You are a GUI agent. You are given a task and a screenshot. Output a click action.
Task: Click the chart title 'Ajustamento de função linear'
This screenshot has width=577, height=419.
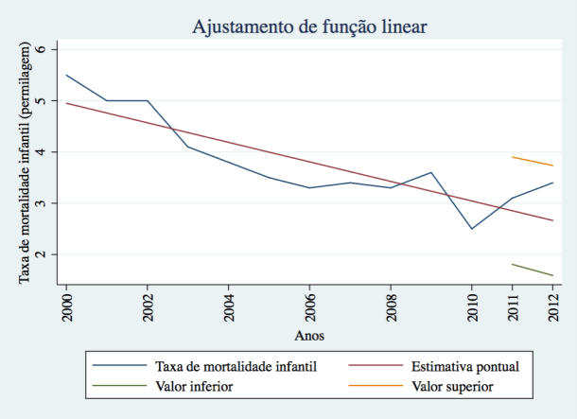click(309, 26)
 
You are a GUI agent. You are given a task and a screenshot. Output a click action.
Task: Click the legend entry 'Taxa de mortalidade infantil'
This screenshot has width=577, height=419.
click(231, 365)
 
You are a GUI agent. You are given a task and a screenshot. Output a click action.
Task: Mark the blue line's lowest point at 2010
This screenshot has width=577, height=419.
click(472, 229)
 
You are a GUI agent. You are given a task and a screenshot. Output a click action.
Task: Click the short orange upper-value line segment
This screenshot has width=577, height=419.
click(533, 161)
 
